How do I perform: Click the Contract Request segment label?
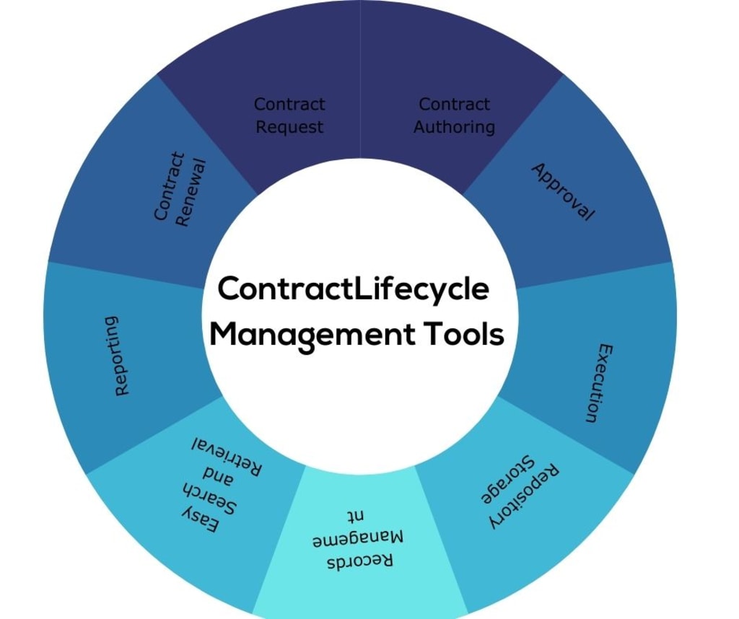[289, 115]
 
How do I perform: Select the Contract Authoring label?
[454, 115]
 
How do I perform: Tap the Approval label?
[563, 192]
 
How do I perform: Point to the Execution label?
[600, 382]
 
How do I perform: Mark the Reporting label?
[123, 355]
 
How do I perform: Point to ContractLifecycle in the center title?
[354, 289]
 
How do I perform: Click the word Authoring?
[454, 127]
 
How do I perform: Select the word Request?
[289, 127]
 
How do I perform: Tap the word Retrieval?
[228, 453]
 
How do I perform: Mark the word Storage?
[505, 480]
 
